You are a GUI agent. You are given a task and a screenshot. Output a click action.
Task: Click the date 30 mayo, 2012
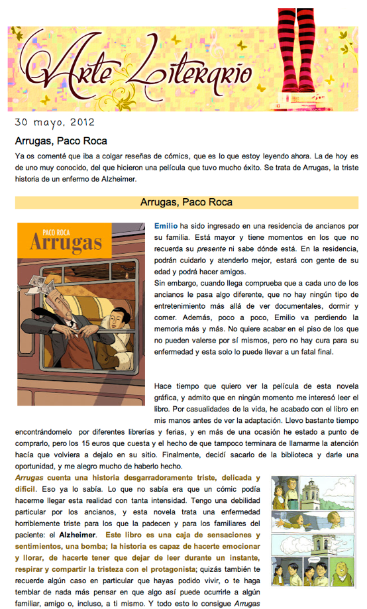pos(54,123)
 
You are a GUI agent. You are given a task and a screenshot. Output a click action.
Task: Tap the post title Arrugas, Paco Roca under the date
pos(61,140)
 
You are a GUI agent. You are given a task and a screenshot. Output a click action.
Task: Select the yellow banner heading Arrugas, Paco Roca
pos(186,201)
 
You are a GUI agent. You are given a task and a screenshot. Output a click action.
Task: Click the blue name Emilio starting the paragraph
pos(166,225)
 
